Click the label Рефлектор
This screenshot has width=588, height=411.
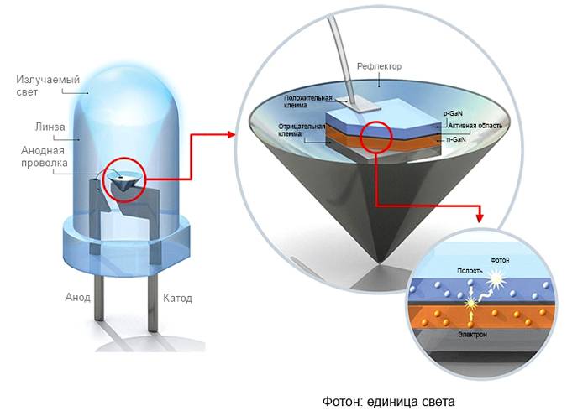379,66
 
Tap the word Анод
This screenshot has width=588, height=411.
77,297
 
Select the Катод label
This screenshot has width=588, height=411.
177,299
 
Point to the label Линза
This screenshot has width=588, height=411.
50,127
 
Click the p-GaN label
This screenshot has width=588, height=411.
453,113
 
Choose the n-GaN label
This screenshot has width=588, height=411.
456,139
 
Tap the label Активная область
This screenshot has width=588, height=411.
475,126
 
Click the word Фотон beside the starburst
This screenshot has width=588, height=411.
500,260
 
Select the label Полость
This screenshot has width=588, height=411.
470,270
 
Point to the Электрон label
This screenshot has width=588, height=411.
472,335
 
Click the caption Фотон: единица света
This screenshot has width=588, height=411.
389,401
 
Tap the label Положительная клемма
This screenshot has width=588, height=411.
308,101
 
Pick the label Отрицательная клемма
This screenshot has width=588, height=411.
302,130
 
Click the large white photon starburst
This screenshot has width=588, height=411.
496,282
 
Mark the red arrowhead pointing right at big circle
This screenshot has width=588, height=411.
231,134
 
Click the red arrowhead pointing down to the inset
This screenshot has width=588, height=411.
480,218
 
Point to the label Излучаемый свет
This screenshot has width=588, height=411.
48,86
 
